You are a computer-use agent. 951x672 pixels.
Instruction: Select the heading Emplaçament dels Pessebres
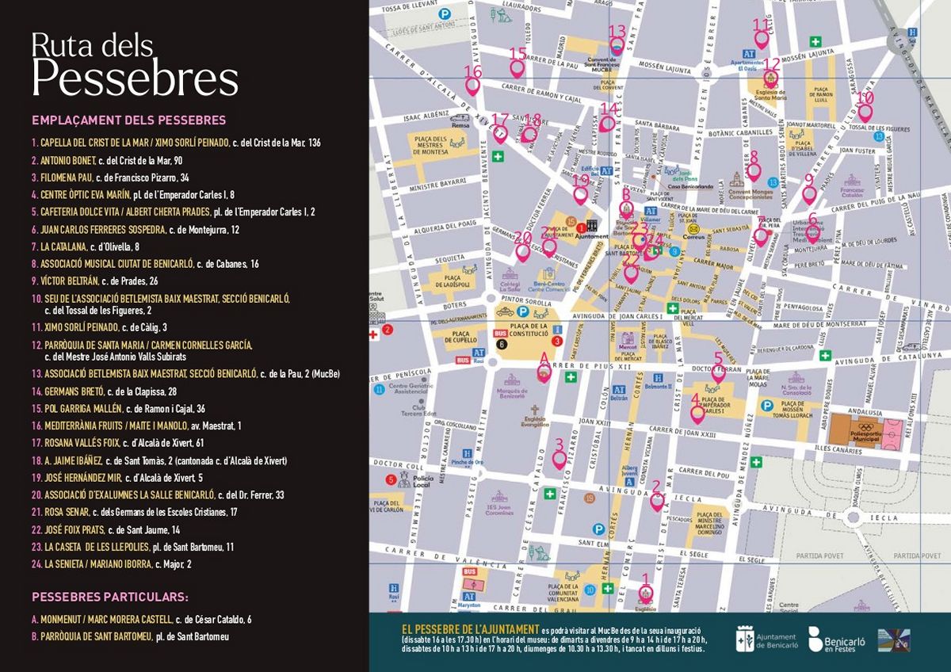coord(128,120)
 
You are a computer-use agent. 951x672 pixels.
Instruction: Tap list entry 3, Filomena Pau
coord(110,178)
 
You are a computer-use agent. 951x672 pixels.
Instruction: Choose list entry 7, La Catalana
coord(91,246)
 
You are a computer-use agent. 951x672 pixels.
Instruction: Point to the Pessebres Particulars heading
coord(109,597)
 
